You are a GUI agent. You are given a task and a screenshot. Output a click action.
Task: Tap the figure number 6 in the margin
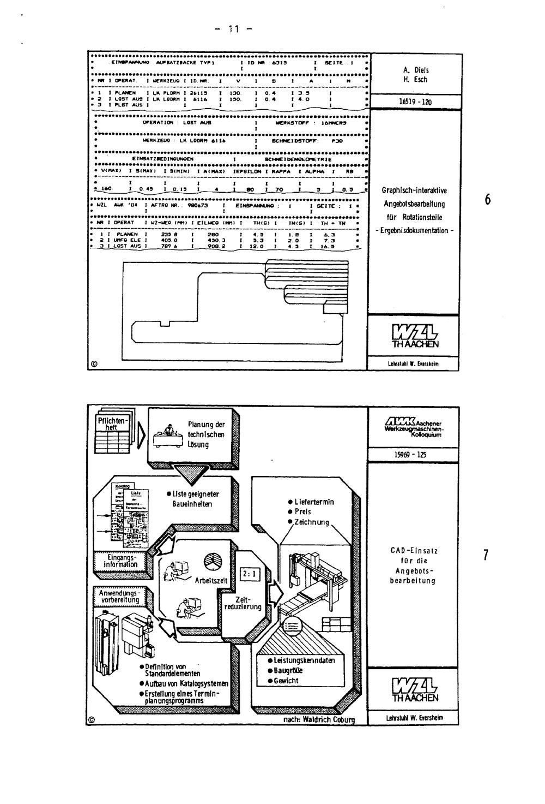click(488, 200)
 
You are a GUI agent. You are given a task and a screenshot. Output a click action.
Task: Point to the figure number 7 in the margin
click(486, 556)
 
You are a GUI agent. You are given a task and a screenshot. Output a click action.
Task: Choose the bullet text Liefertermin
click(313, 502)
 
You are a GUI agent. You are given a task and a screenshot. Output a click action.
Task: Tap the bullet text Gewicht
click(286, 681)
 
